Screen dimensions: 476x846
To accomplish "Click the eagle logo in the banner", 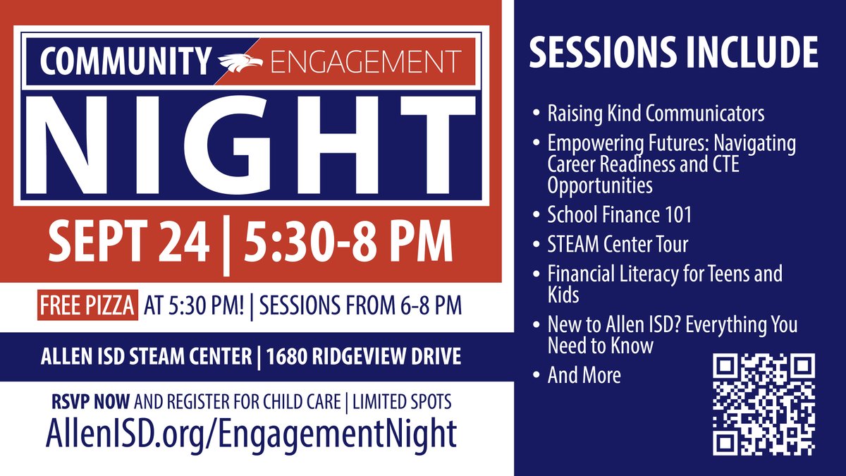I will pyautogui.click(x=240, y=62).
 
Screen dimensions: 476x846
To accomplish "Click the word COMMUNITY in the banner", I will pyautogui.click(x=125, y=62).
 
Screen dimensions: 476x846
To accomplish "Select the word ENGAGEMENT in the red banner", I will pyautogui.click(x=365, y=62).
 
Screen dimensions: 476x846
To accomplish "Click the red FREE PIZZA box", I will pyautogui.click(x=88, y=306).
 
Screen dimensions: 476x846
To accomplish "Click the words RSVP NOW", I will pyautogui.click(x=91, y=402).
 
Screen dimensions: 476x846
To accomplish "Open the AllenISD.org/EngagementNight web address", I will pyautogui.click(x=251, y=432).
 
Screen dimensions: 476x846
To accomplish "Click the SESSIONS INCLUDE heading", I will pyautogui.click(x=673, y=51).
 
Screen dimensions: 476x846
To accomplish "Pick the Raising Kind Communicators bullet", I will pyautogui.click(x=656, y=113).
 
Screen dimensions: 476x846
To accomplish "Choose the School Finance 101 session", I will pyautogui.click(x=619, y=214).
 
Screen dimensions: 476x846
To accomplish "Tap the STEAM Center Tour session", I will pyautogui.click(x=618, y=245).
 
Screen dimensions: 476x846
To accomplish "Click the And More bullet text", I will pyautogui.click(x=584, y=374).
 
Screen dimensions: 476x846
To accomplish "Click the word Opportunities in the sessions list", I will pyautogui.click(x=599, y=185).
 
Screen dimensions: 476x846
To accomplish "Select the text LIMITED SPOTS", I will pyautogui.click(x=402, y=402).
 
